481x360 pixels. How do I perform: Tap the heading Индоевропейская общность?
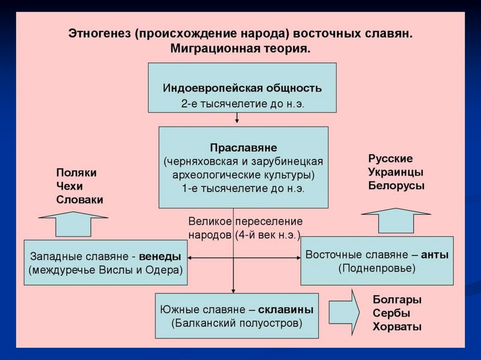pyautogui.click(x=242, y=88)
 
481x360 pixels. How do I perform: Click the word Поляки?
pyautogui.click(x=76, y=172)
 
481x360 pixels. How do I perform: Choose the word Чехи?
pyautogui.click(x=69, y=186)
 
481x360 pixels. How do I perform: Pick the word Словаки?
pyautogui.click(x=79, y=199)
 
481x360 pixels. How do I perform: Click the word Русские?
pyautogui.click(x=390, y=158)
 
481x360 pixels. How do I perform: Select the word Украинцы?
pyautogui.click(x=396, y=172)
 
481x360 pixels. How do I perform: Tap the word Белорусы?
pyautogui.click(x=396, y=185)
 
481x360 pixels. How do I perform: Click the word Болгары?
pyautogui.click(x=397, y=299)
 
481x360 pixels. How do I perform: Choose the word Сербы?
pyautogui.click(x=391, y=313)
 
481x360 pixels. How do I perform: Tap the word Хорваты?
pyautogui.click(x=397, y=327)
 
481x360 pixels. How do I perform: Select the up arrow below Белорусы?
pyautogui.click(x=396, y=220)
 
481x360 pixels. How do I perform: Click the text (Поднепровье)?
pyautogui.click(x=377, y=268)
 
